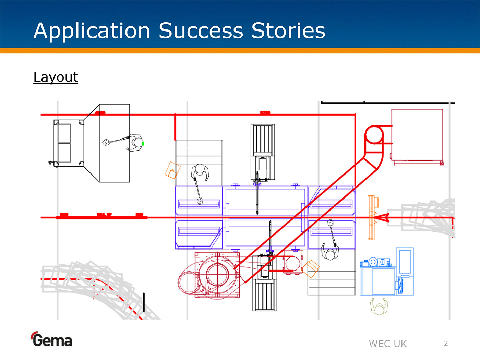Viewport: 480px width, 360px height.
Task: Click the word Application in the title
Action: (x=92, y=31)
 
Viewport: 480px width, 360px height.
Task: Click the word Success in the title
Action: (x=201, y=31)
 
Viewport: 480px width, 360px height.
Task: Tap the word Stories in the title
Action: (x=288, y=31)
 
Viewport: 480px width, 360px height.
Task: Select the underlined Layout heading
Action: (x=56, y=77)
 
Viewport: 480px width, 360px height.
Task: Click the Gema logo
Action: (x=51, y=340)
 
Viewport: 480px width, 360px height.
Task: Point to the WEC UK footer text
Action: (x=387, y=344)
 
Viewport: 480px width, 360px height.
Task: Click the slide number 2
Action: (x=446, y=343)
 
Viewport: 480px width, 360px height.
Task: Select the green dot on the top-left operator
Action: (x=143, y=143)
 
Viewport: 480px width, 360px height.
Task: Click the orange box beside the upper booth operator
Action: (x=172, y=170)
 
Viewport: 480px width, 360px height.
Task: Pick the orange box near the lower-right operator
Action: (x=311, y=269)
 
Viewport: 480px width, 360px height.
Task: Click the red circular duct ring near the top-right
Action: (x=374, y=135)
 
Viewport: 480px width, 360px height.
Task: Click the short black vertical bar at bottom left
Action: (x=144, y=302)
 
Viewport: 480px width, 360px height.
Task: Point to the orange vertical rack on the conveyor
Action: (x=371, y=217)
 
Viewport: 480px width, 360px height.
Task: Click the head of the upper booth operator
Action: (x=200, y=169)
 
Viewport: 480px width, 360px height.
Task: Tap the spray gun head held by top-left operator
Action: (x=106, y=142)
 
